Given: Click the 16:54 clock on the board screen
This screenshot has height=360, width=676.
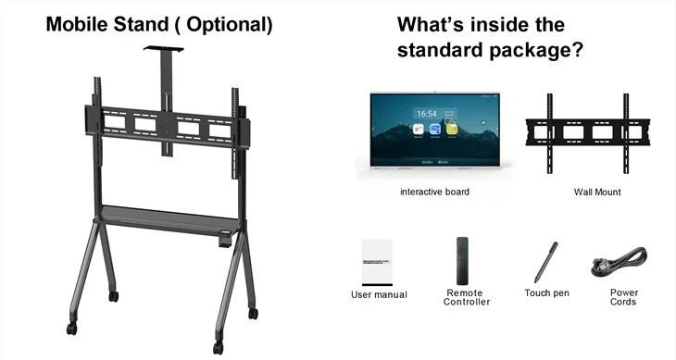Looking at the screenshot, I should tap(427, 114).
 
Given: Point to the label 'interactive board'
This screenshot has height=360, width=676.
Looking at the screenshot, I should tap(434, 192).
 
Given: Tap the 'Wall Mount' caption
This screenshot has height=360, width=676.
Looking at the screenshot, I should tap(596, 192).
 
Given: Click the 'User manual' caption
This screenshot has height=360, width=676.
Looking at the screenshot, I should tap(379, 294).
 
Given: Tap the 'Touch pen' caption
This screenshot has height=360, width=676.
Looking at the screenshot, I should tap(546, 293).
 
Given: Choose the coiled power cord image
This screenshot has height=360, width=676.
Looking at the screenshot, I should tap(618, 265).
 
